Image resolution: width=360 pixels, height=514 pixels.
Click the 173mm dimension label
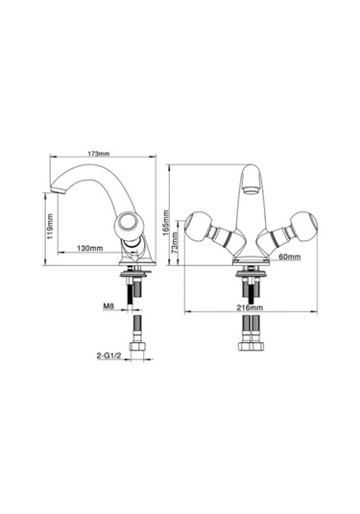pos(98,153)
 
